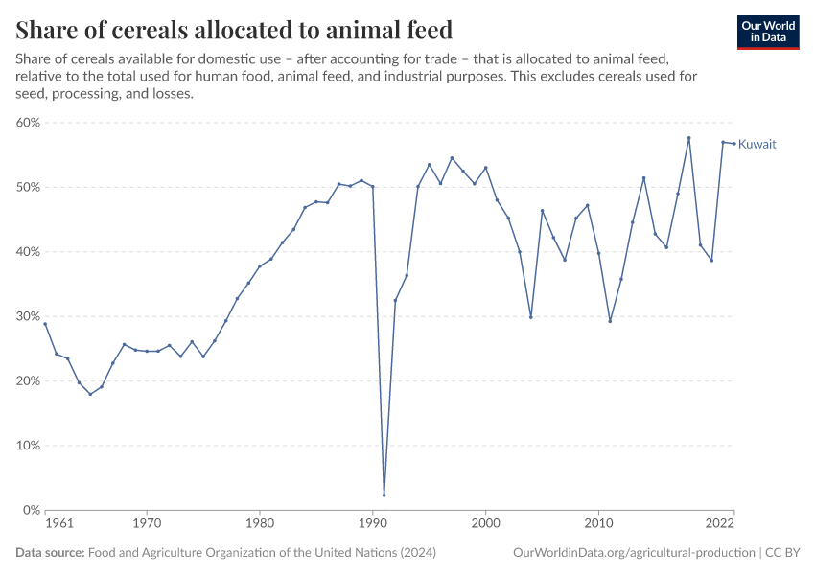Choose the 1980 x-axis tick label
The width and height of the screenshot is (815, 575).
(x=259, y=524)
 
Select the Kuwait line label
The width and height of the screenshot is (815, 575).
(x=757, y=144)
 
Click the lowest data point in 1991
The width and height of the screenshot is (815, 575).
(x=384, y=495)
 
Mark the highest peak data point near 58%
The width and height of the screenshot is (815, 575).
(x=688, y=138)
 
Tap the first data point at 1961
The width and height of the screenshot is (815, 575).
(x=45, y=324)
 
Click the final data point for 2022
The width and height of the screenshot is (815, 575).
(x=734, y=144)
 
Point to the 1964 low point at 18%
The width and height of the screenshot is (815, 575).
(x=90, y=394)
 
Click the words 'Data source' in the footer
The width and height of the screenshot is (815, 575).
(x=50, y=552)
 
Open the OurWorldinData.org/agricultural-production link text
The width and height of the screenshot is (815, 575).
(x=633, y=552)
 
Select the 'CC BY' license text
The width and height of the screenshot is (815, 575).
(x=781, y=552)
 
